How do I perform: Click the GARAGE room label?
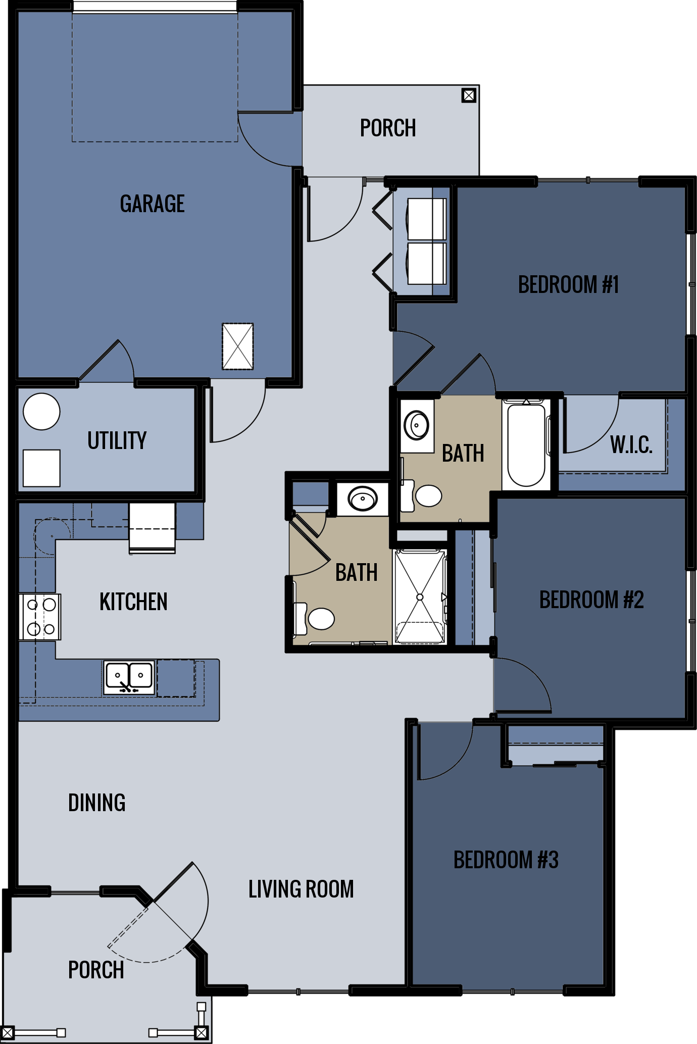coord(152,204)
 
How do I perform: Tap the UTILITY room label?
coord(117,440)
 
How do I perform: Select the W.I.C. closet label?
coord(631,445)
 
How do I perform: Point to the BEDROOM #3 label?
coord(506,860)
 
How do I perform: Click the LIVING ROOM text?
coord(301,889)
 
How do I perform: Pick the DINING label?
coord(96,803)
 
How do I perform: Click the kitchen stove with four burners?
coord(40,617)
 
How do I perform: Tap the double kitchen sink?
coord(129,677)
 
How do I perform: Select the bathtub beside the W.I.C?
coord(526,444)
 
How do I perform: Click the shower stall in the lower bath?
coord(420,597)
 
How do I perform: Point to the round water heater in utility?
coord(41,412)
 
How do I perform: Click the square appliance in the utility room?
coord(41,468)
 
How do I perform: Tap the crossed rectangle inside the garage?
coord(237,346)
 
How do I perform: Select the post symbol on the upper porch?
coord(469,95)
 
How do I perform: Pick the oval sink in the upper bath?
coord(417,425)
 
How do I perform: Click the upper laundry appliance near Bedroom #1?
coord(426,219)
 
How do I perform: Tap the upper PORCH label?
coord(388,128)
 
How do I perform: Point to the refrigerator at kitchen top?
coord(152,528)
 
